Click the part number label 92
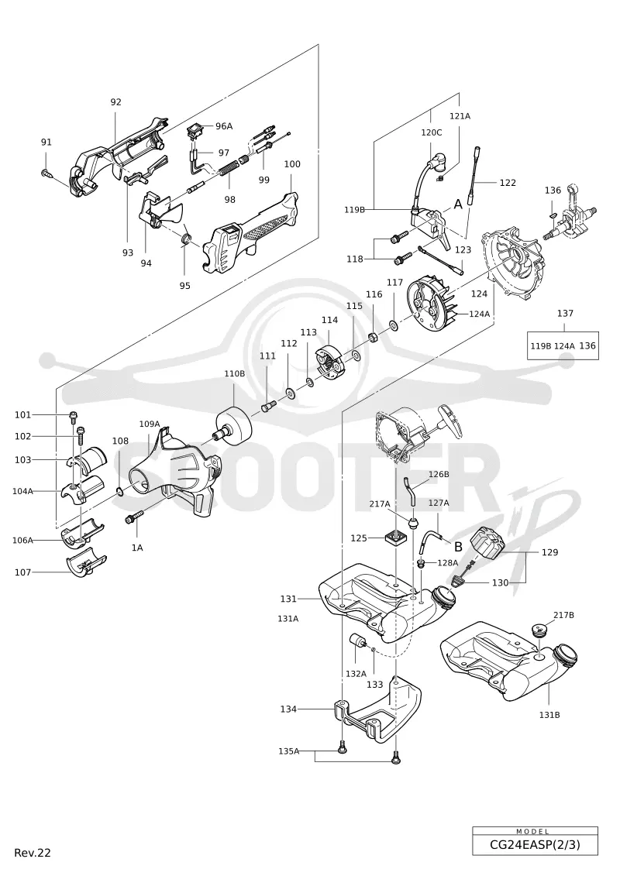tap(115, 102)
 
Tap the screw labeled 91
tap(46, 173)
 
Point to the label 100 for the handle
tap(292, 164)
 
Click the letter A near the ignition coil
tap(458, 204)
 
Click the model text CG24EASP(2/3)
tap(535, 844)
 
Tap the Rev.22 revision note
tap(33, 853)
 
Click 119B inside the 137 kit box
tap(541, 346)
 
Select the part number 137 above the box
tap(565, 314)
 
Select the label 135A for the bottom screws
tap(289, 751)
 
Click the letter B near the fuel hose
tap(458, 546)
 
